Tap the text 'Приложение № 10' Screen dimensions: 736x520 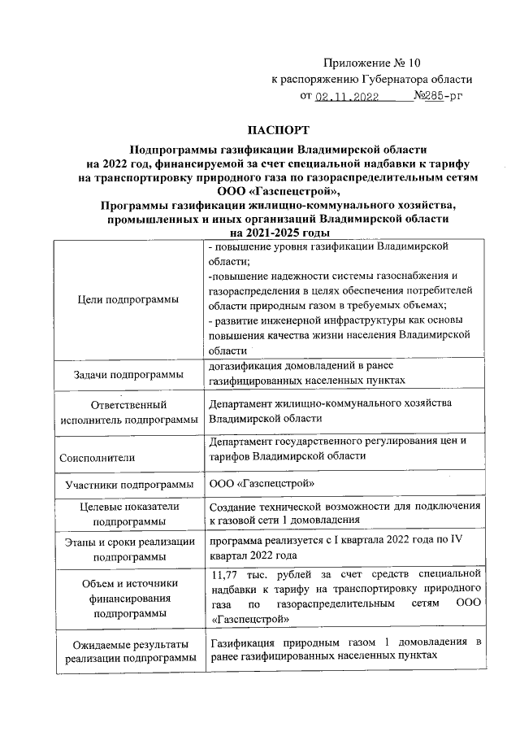click(372, 62)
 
